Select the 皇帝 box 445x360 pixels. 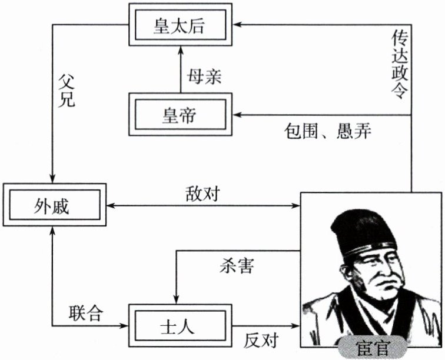[x=181, y=115]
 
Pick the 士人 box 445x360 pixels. [x=181, y=324]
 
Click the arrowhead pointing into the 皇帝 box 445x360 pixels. [x=236, y=115]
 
